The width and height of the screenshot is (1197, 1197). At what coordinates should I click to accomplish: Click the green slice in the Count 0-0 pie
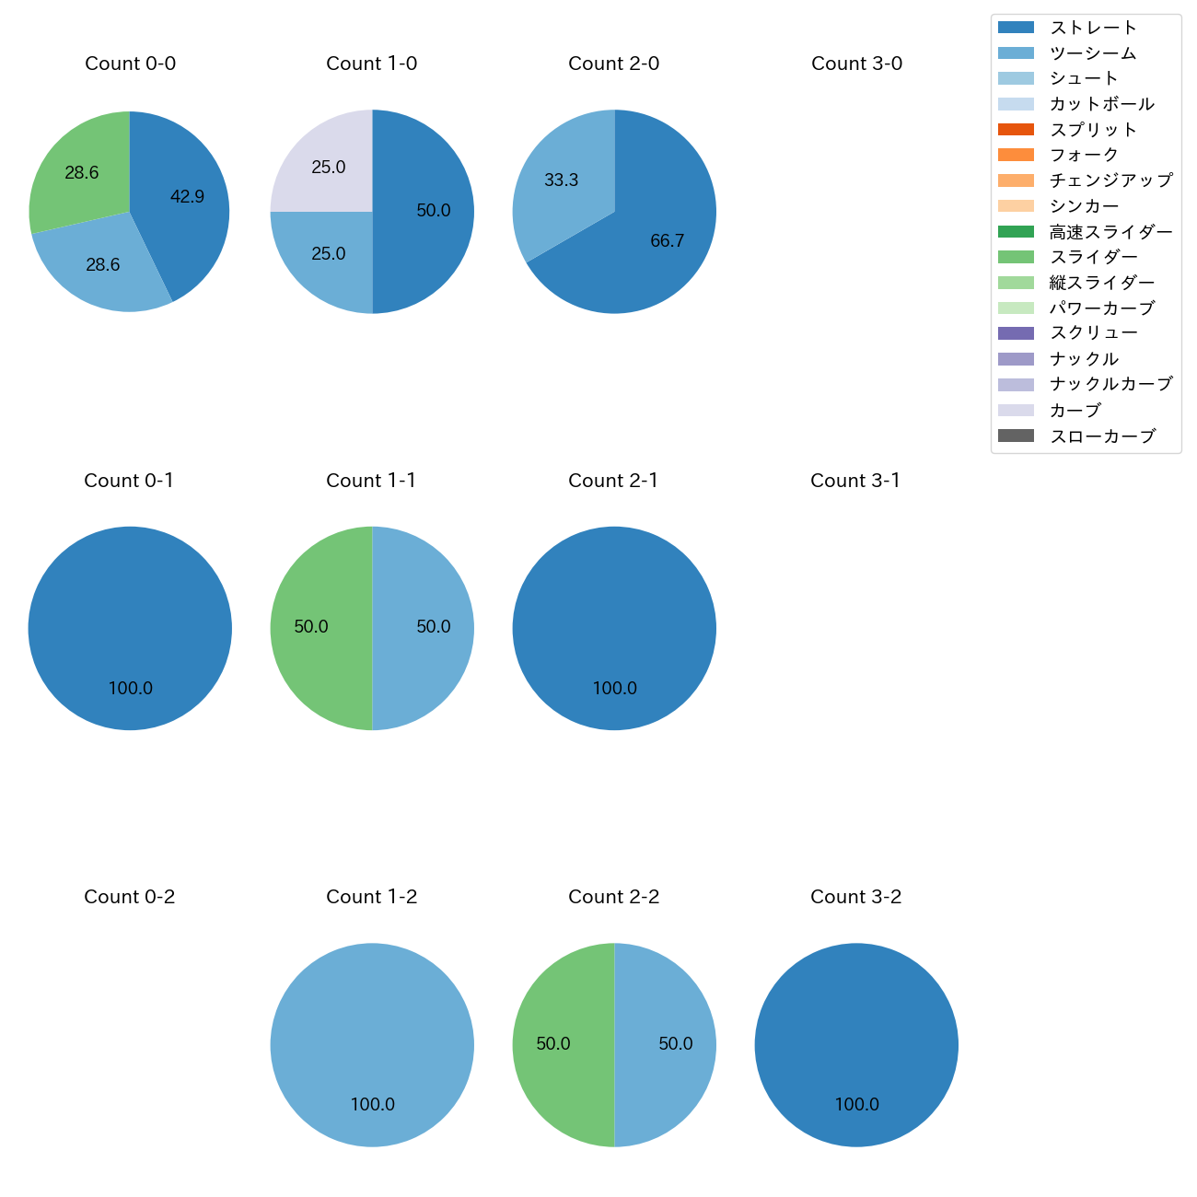(x=78, y=170)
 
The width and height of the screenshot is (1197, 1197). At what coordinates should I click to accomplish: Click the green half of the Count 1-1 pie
(x=318, y=628)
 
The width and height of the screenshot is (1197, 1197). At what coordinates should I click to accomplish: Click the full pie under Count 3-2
(x=856, y=1044)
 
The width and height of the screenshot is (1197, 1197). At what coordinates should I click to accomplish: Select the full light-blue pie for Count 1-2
(x=372, y=1044)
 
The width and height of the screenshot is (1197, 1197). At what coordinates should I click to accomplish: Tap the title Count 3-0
(x=856, y=64)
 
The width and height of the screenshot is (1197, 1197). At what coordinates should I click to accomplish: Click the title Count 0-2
(x=129, y=897)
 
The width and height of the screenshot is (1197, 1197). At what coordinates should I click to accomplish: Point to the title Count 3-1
(x=855, y=481)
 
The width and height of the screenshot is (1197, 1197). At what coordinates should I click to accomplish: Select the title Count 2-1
(x=613, y=481)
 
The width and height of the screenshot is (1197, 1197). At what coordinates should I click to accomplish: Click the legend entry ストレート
(x=1093, y=28)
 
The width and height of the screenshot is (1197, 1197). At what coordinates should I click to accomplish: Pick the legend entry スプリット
(x=1093, y=130)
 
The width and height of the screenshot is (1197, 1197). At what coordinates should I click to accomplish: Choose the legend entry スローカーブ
(x=1102, y=436)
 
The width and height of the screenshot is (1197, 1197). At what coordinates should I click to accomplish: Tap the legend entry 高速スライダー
(x=1110, y=232)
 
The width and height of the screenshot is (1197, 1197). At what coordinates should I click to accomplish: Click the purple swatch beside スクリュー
(x=1016, y=333)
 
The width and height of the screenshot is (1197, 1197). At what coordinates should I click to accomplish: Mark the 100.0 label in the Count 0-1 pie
(x=131, y=688)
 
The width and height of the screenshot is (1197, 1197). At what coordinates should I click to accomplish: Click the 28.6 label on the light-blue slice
(x=103, y=265)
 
